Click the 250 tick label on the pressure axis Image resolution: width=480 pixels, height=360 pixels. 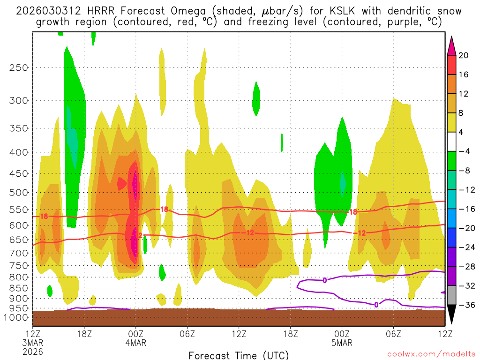coord(18,67)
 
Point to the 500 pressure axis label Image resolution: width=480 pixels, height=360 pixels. coord(18,193)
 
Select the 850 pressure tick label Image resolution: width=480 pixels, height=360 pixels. coord(18,288)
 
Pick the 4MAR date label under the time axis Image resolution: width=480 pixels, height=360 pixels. coord(136,343)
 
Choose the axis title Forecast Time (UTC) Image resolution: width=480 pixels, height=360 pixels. coord(239,355)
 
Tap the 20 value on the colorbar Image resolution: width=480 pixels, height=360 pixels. coord(464,55)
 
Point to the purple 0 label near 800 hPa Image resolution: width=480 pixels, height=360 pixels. coord(325,280)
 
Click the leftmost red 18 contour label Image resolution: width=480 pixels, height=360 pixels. coord(44,217)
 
